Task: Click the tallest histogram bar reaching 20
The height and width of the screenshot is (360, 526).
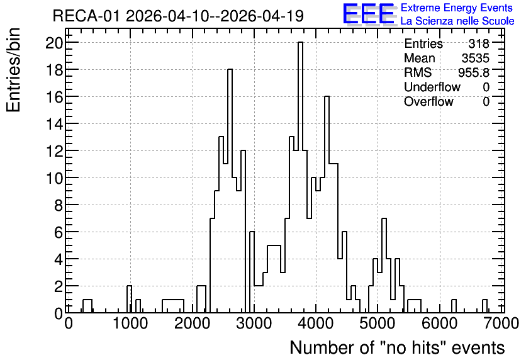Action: (300, 177)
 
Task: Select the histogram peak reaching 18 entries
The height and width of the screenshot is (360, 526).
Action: (230, 191)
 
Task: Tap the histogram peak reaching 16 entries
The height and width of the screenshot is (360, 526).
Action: (327, 205)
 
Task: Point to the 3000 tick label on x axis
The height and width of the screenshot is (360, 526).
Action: (254, 323)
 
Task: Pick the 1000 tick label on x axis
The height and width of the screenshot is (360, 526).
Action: (130, 323)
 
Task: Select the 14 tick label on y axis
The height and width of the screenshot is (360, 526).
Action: (54, 124)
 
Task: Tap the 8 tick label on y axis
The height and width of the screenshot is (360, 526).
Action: (59, 205)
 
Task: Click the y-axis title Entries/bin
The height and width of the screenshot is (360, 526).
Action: (13, 70)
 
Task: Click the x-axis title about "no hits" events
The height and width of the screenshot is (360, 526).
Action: (397, 347)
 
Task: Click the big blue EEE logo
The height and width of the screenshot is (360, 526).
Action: (369, 14)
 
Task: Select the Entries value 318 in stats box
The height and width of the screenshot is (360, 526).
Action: (479, 43)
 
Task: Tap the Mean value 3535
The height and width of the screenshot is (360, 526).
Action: (475, 58)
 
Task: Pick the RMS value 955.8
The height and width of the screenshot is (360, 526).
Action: (474, 72)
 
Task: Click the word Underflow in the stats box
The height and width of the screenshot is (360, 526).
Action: (432, 87)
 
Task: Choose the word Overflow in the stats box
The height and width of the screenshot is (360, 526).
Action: (428, 101)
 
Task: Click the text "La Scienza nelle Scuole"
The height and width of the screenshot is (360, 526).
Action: (457, 21)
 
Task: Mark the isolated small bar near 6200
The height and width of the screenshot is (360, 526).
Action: (454, 306)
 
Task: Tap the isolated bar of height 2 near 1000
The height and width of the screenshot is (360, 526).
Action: (129, 300)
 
